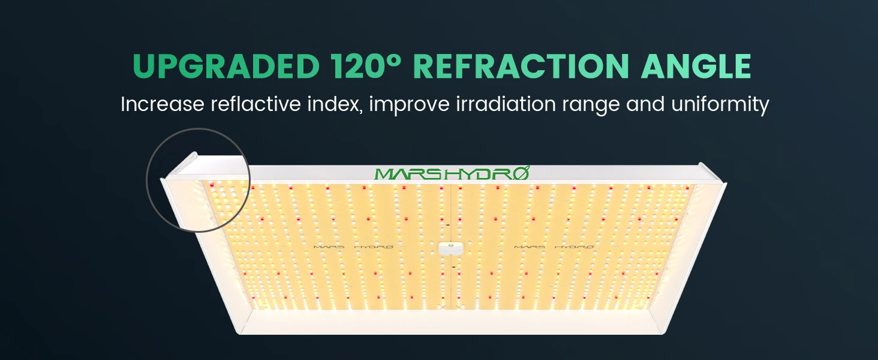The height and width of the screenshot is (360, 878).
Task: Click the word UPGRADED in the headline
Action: [x=226, y=66]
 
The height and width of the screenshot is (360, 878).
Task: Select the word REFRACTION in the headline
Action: [x=521, y=66]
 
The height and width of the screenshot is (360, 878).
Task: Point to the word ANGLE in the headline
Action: [x=696, y=66]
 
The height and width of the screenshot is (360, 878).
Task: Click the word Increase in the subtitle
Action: [x=163, y=104]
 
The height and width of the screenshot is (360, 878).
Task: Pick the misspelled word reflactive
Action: [x=256, y=104]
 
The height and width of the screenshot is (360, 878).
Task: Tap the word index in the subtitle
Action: [x=335, y=104]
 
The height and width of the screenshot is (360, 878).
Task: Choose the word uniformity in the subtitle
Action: [x=720, y=106]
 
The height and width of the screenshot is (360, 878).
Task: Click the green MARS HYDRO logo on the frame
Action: [x=452, y=173]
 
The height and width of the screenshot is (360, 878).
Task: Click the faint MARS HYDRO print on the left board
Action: [x=353, y=247]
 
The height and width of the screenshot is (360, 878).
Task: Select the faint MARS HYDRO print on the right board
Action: [x=554, y=247]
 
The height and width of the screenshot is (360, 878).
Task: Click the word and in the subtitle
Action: [x=645, y=104]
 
